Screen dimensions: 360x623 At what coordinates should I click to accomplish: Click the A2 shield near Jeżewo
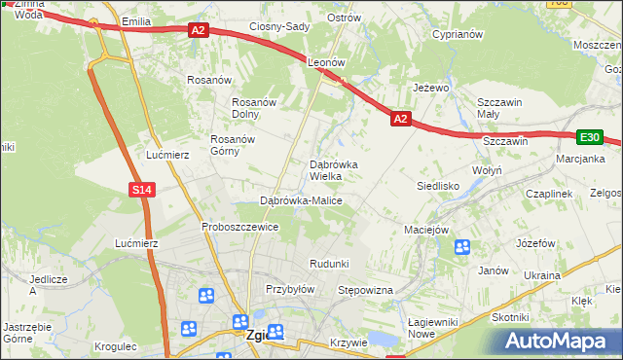tap(400, 119)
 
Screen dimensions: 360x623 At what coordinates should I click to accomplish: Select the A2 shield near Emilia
tap(199, 31)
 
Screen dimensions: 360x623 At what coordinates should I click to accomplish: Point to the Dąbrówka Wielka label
tap(333, 170)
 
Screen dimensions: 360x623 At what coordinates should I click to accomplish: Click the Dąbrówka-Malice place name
tap(301, 200)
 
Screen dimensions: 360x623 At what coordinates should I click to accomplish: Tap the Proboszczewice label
tap(240, 227)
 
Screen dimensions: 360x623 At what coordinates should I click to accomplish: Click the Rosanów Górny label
tap(233, 145)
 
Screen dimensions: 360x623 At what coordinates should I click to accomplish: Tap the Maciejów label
tap(425, 231)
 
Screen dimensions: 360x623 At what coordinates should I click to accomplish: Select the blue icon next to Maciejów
tap(461, 247)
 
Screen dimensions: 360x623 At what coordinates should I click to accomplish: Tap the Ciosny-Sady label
tap(279, 26)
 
